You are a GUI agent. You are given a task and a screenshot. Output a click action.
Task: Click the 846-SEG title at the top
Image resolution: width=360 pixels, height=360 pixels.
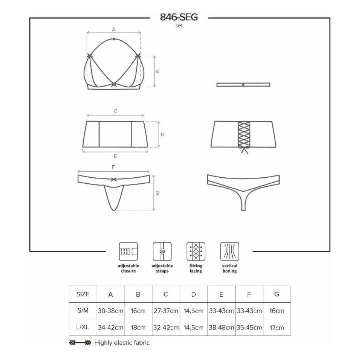click(178, 17)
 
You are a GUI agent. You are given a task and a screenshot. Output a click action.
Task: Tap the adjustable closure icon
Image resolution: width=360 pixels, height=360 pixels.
click(128, 252)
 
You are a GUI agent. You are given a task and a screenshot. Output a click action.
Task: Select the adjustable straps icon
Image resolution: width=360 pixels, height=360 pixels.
click(162, 252)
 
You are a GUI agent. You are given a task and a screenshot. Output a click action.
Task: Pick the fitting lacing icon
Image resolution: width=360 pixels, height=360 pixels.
click(196, 252)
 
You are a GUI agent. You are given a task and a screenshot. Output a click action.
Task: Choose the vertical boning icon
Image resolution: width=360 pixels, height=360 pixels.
click(230, 252)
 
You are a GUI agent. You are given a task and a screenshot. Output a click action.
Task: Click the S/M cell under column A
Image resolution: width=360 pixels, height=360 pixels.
click(111, 311)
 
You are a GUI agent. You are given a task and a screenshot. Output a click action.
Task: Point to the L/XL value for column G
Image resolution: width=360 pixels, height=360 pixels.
click(277, 328)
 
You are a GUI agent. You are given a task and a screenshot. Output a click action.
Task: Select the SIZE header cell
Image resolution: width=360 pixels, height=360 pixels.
click(83, 294)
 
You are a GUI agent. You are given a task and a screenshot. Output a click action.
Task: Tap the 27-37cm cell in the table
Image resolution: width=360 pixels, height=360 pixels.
click(166, 311)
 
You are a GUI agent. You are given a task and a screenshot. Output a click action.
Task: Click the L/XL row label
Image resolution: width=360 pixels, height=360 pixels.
click(82, 327)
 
